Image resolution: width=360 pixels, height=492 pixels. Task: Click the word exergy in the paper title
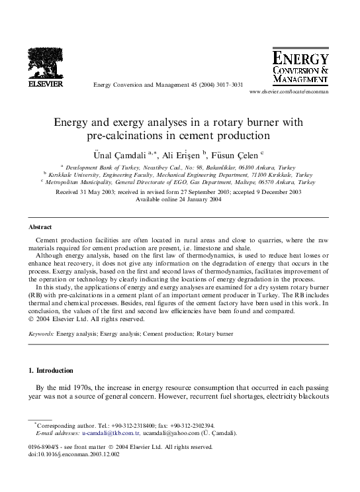coord(135,123)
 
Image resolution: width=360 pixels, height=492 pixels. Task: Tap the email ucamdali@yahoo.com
coord(173,433)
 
